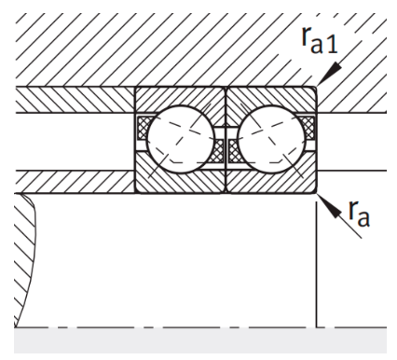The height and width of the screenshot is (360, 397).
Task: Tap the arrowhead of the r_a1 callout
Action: click(x=319, y=84)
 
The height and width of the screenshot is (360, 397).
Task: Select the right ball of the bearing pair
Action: click(x=270, y=138)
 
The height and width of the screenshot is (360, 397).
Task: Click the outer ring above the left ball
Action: click(x=181, y=98)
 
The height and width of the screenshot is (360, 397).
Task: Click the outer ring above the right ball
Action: click(x=270, y=98)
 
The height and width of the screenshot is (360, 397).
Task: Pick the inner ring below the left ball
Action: click(x=181, y=179)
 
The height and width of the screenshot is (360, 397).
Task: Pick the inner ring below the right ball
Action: click(x=270, y=179)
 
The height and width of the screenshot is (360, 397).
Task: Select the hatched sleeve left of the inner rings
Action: click(x=75, y=177)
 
